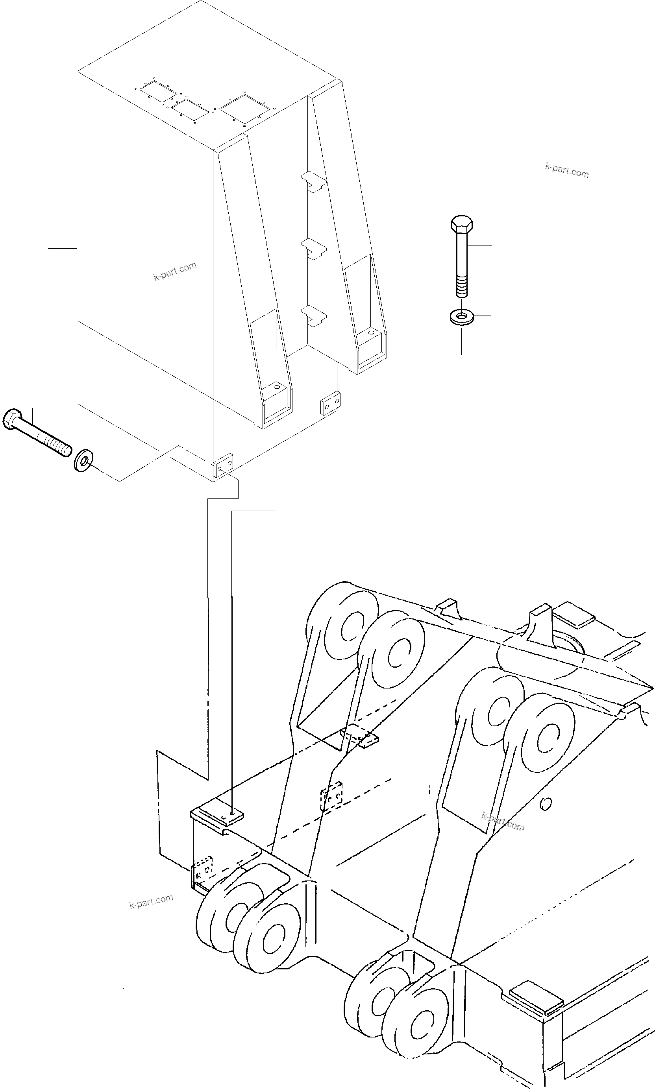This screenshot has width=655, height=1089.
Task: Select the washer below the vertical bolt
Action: [461, 316]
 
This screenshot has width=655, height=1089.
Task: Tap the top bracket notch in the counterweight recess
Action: [314, 181]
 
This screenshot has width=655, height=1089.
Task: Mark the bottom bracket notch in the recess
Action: [314, 316]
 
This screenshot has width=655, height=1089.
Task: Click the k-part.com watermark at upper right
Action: [567, 170]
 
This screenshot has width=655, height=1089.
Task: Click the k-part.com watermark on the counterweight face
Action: [175, 271]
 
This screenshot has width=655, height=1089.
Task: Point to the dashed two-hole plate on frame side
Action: [331, 796]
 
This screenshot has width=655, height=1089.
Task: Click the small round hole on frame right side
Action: [546, 804]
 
